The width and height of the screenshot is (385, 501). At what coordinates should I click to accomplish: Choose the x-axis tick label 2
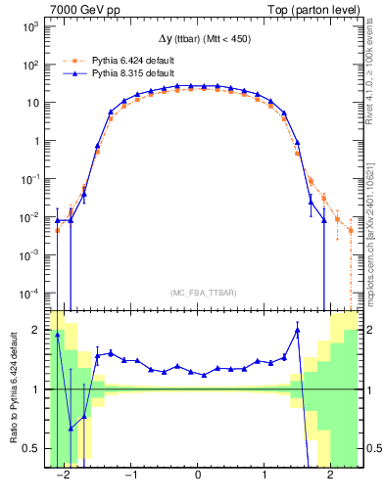click(x=330, y=474)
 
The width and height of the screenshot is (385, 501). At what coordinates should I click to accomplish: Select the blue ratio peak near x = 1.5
click(x=297, y=331)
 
